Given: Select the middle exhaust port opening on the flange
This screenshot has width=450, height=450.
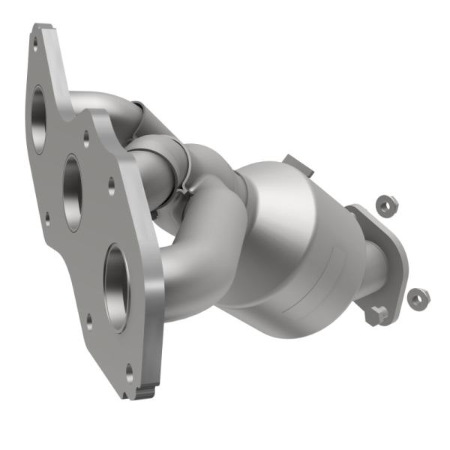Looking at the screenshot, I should pos(73,192).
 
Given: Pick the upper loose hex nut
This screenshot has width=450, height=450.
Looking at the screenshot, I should pos(386,206).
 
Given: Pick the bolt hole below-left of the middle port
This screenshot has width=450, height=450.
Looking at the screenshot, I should pos(46,218).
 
